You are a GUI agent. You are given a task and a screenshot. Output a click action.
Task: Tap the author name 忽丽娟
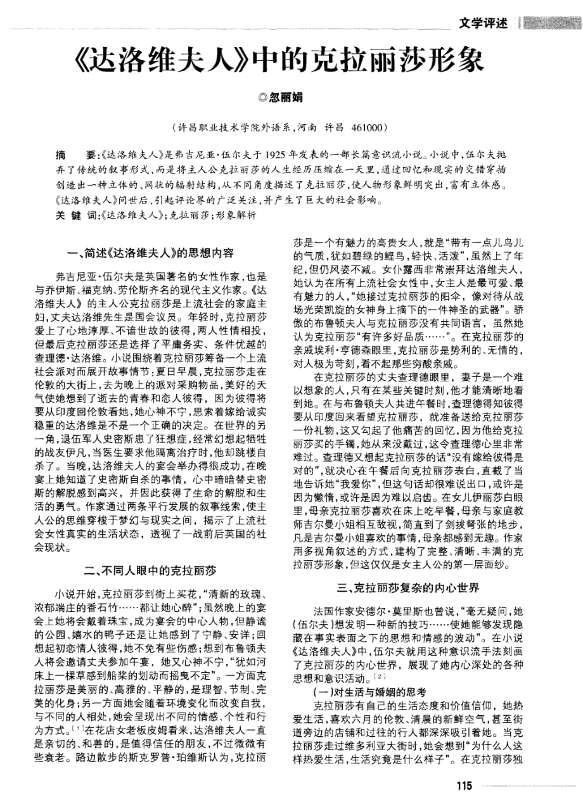point(288,98)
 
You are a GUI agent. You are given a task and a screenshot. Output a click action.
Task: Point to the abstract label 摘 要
point(74,155)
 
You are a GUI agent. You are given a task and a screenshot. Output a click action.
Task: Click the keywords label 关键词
point(74,215)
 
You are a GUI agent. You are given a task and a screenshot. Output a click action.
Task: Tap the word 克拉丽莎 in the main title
point(356,61)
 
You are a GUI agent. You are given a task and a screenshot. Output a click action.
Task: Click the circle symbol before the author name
point(264,98)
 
